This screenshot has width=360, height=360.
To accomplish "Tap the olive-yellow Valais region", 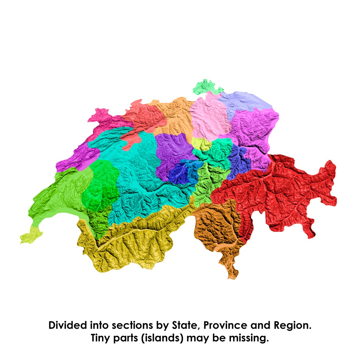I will (x=133, y=243).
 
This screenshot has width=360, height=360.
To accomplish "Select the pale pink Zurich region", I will (x=207, y=117).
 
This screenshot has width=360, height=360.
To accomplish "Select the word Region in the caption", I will (x=292, y=325).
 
